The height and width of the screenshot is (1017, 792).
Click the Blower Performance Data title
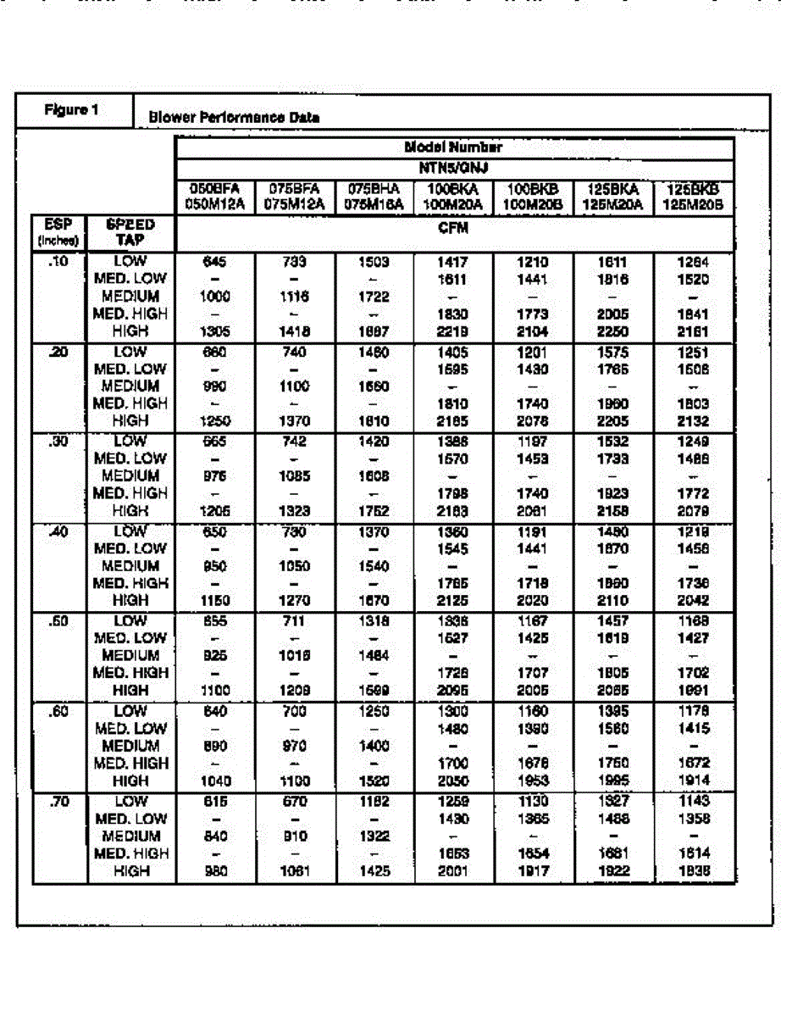[234, 118]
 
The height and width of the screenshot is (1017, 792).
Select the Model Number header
[454, 147]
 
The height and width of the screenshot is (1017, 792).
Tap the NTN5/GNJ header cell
[454, 167]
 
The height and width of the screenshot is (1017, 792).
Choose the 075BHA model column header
[374, 196]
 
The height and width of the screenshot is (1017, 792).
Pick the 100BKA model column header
[454, 196]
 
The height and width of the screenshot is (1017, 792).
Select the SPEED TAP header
[130, 231]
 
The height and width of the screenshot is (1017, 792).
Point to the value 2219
[454, 332]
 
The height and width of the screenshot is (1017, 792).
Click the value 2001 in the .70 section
[454, 870]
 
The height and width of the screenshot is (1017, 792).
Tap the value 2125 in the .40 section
[454, 601]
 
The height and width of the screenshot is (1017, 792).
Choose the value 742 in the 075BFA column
[294, 442]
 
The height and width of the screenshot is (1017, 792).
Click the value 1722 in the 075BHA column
[374, 297]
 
